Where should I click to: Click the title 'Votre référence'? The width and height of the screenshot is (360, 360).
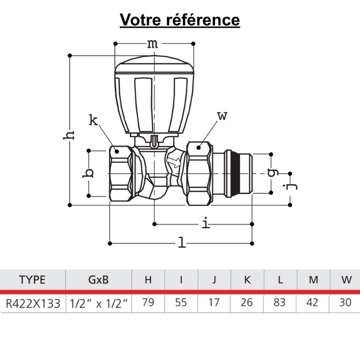click(x=180, y=20)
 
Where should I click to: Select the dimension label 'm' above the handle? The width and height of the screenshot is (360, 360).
click(x=152, y=44)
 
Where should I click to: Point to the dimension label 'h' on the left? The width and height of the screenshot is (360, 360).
click(x=70, y=134)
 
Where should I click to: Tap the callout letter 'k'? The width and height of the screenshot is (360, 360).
click(x=93, y=120)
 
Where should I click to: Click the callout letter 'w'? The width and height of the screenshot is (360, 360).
click(x=222, y=116)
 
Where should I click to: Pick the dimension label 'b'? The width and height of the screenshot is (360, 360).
click(x=88, y=173)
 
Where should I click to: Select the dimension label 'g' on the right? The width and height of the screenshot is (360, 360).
click(x=272, y=173)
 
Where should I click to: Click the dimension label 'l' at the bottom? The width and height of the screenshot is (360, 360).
click(x=182, y=243)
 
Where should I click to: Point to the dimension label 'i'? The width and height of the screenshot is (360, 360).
click(x=205, y=223)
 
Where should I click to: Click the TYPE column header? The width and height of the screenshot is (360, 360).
click(x=32, y=280)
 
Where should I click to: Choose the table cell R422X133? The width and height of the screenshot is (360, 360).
click(x=32, y=303)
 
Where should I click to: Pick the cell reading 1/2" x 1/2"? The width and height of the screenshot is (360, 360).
click(x=98, y=303)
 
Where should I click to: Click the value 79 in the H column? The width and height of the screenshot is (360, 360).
click(x=148, y=303)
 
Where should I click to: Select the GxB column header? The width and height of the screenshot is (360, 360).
click(x=98, y=280)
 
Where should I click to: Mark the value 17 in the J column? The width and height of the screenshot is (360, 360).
click(x=214, y=303)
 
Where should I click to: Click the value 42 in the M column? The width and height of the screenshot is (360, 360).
click(x=313, y=303)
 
